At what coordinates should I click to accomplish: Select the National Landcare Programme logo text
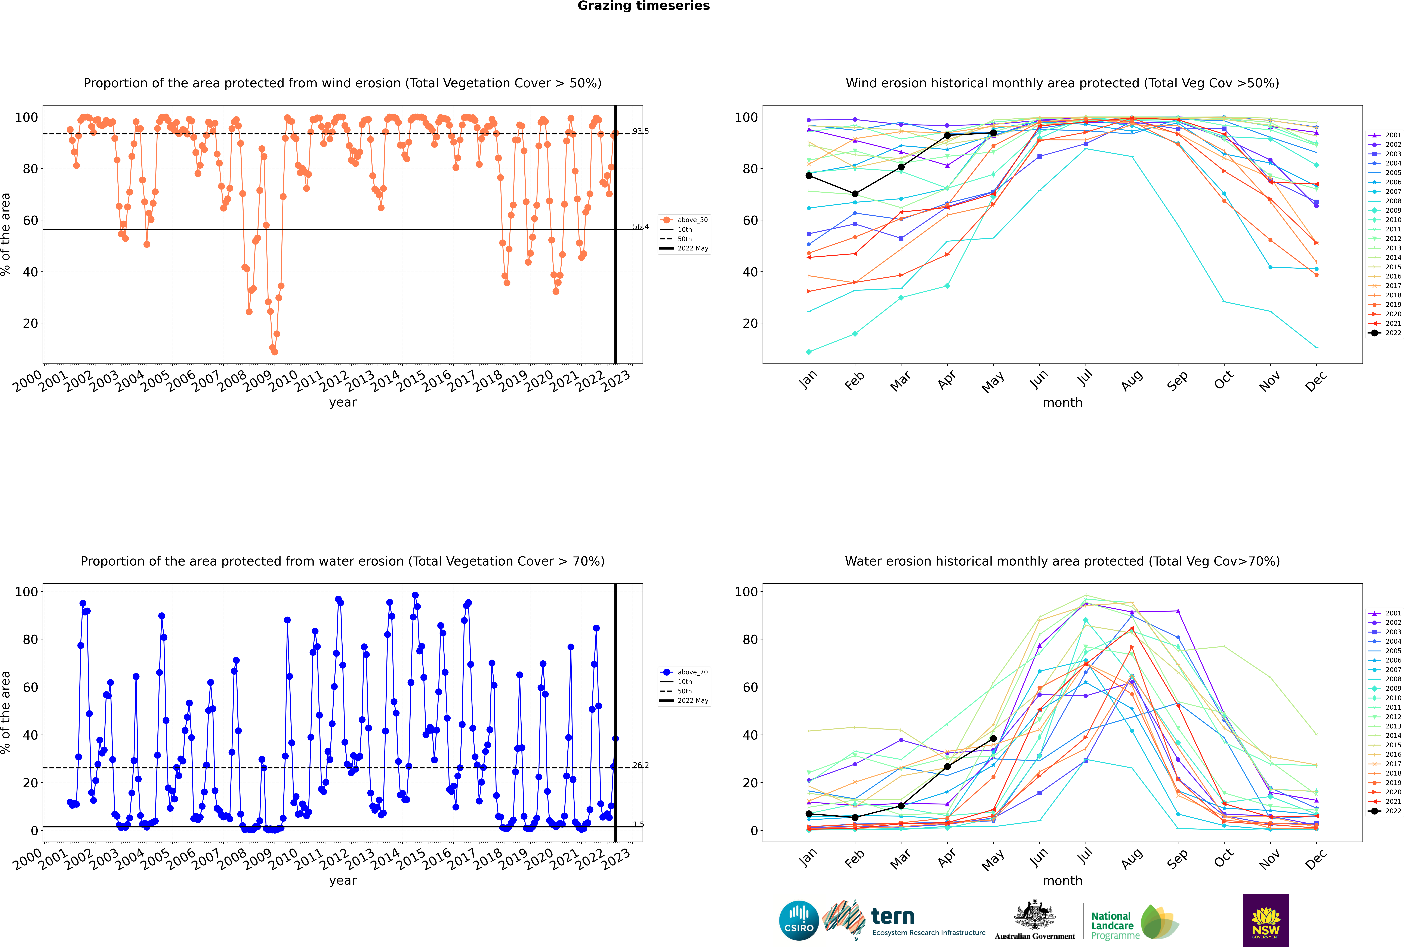click(1112, 926)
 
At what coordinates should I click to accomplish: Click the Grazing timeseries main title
click(644, 6)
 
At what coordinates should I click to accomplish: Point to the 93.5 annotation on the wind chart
click(640, 131)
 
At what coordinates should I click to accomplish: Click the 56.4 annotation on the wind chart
click(640, 226)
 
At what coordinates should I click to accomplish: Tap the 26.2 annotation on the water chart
click(640, 765)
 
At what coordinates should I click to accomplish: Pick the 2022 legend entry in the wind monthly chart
click(1385, 333)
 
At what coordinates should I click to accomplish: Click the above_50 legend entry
click(685, 220)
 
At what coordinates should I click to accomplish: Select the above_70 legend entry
click(685, 672)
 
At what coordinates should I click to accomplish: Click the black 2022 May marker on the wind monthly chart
click(993, 133)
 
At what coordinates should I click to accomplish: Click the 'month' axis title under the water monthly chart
click(1062, 881)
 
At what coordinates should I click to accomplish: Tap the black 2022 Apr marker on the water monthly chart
click(947, 766)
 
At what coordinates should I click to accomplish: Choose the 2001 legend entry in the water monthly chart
click(1385, 613)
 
